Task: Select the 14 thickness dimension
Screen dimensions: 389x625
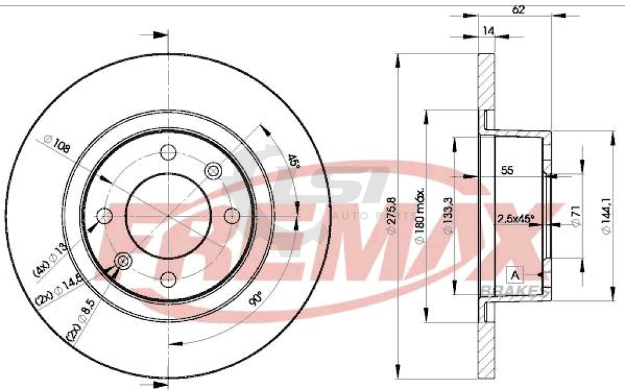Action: (x=488, y=31)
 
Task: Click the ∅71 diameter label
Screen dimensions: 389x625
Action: (x=574, y=216)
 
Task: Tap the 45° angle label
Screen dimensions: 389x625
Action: (x=294, y=161)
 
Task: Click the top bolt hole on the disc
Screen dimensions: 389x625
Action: (x=168, y=152)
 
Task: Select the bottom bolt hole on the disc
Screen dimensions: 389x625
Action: (x=168, y=280)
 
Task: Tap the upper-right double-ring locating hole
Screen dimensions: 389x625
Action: (x=213, y=171)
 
